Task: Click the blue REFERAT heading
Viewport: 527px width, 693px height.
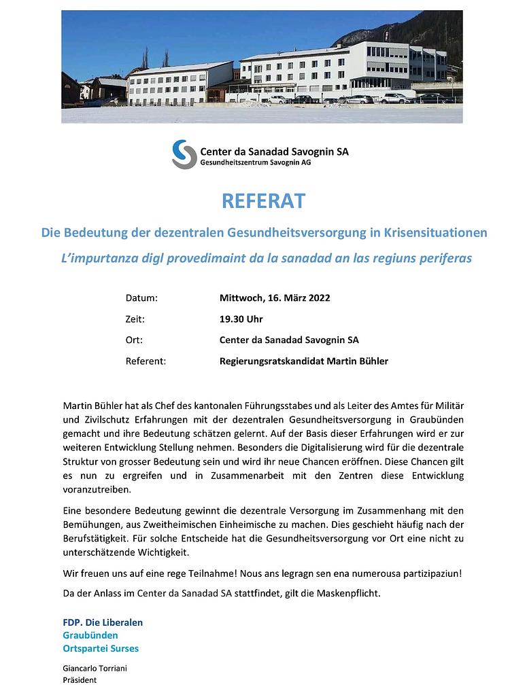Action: (x=263, y=202)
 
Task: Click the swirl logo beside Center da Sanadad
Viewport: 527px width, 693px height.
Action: (x=184, y=154)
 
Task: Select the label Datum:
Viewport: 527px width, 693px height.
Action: (x=141, y=298)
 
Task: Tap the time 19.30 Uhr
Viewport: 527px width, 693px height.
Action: (x=241, y=319)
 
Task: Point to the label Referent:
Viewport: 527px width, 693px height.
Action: (x=146, y=361)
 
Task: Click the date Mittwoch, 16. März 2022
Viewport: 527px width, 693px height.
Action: (x=275, y=298)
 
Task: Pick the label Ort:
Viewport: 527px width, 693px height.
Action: (x=134, y=340)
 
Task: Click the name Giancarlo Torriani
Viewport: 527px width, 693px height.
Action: (x=95, y=668)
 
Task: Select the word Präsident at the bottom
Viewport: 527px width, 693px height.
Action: (x=80, y=680)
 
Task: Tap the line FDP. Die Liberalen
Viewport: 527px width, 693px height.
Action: (x=103, y=622)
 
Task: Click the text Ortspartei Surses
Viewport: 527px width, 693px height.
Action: (x=101, y=648)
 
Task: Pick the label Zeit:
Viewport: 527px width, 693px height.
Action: (x=135, y=319)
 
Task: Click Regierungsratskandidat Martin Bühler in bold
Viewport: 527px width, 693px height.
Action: (x=304, y=361)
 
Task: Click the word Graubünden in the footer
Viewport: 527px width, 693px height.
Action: (x=90, y=635)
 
